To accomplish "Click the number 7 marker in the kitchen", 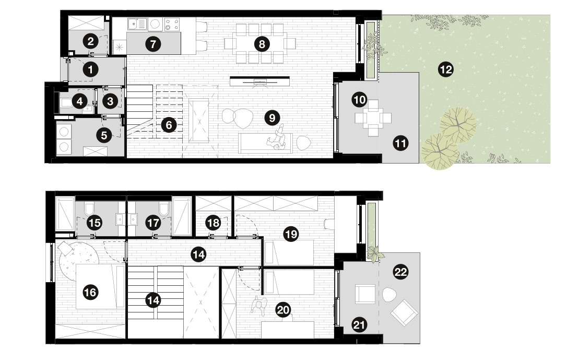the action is tap(153, 44).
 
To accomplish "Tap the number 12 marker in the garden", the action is tap(445, 69).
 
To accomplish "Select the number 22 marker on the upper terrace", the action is tap(400, 271).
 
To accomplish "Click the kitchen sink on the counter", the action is tap(137, 24).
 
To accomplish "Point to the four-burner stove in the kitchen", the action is tap(172, 24).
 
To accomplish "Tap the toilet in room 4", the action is tap(66, 102).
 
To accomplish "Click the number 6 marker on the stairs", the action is tap(169, 125).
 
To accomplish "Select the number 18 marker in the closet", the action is tap(214, 223).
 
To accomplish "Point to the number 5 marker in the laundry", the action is tap(104, 135).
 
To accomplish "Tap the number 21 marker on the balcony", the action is tap(359, 324).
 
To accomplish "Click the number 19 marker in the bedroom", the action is tap(291, 235).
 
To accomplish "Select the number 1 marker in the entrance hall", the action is tap(90, 69).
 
